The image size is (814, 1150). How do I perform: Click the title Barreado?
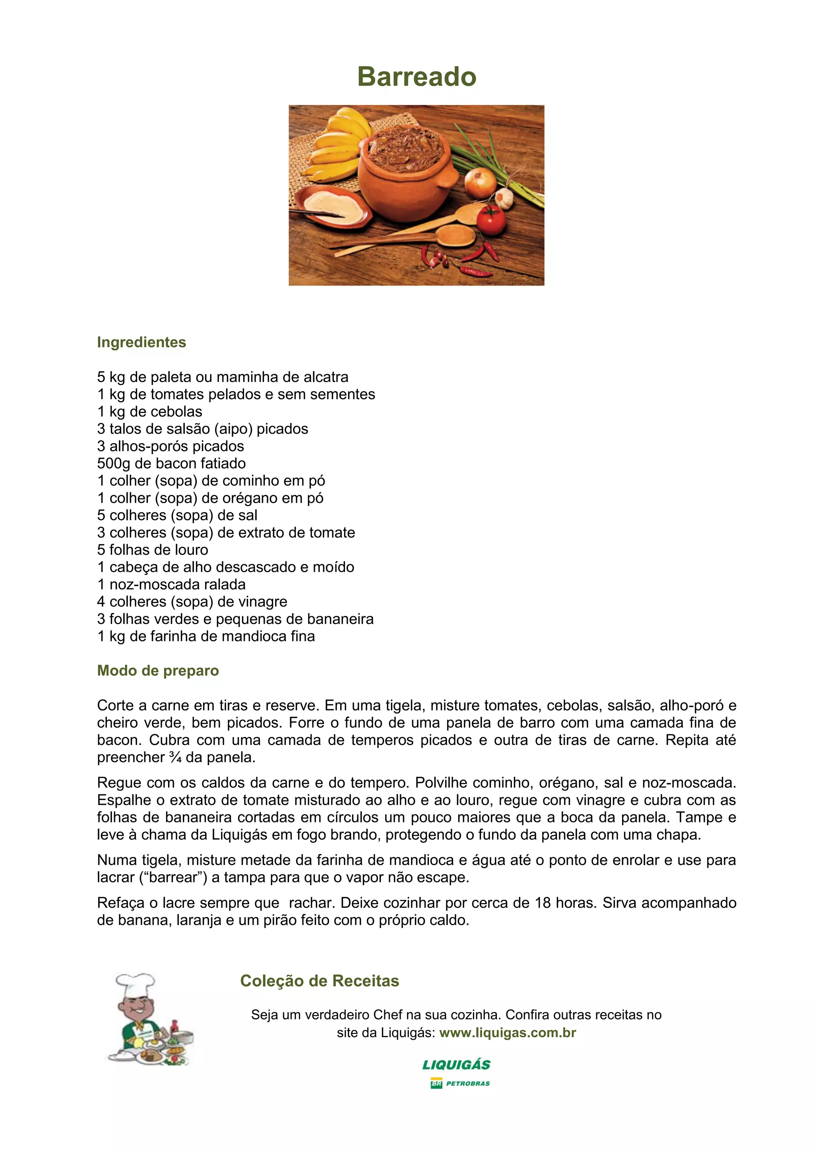click(417, 77)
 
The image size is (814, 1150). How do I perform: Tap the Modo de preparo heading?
click(158, 671)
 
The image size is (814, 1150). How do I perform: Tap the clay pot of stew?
click(407, 175)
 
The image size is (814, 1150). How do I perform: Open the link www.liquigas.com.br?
click(508, 1033)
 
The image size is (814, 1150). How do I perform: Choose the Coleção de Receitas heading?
click(320, 981)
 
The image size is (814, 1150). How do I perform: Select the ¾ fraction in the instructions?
click(175, 757)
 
